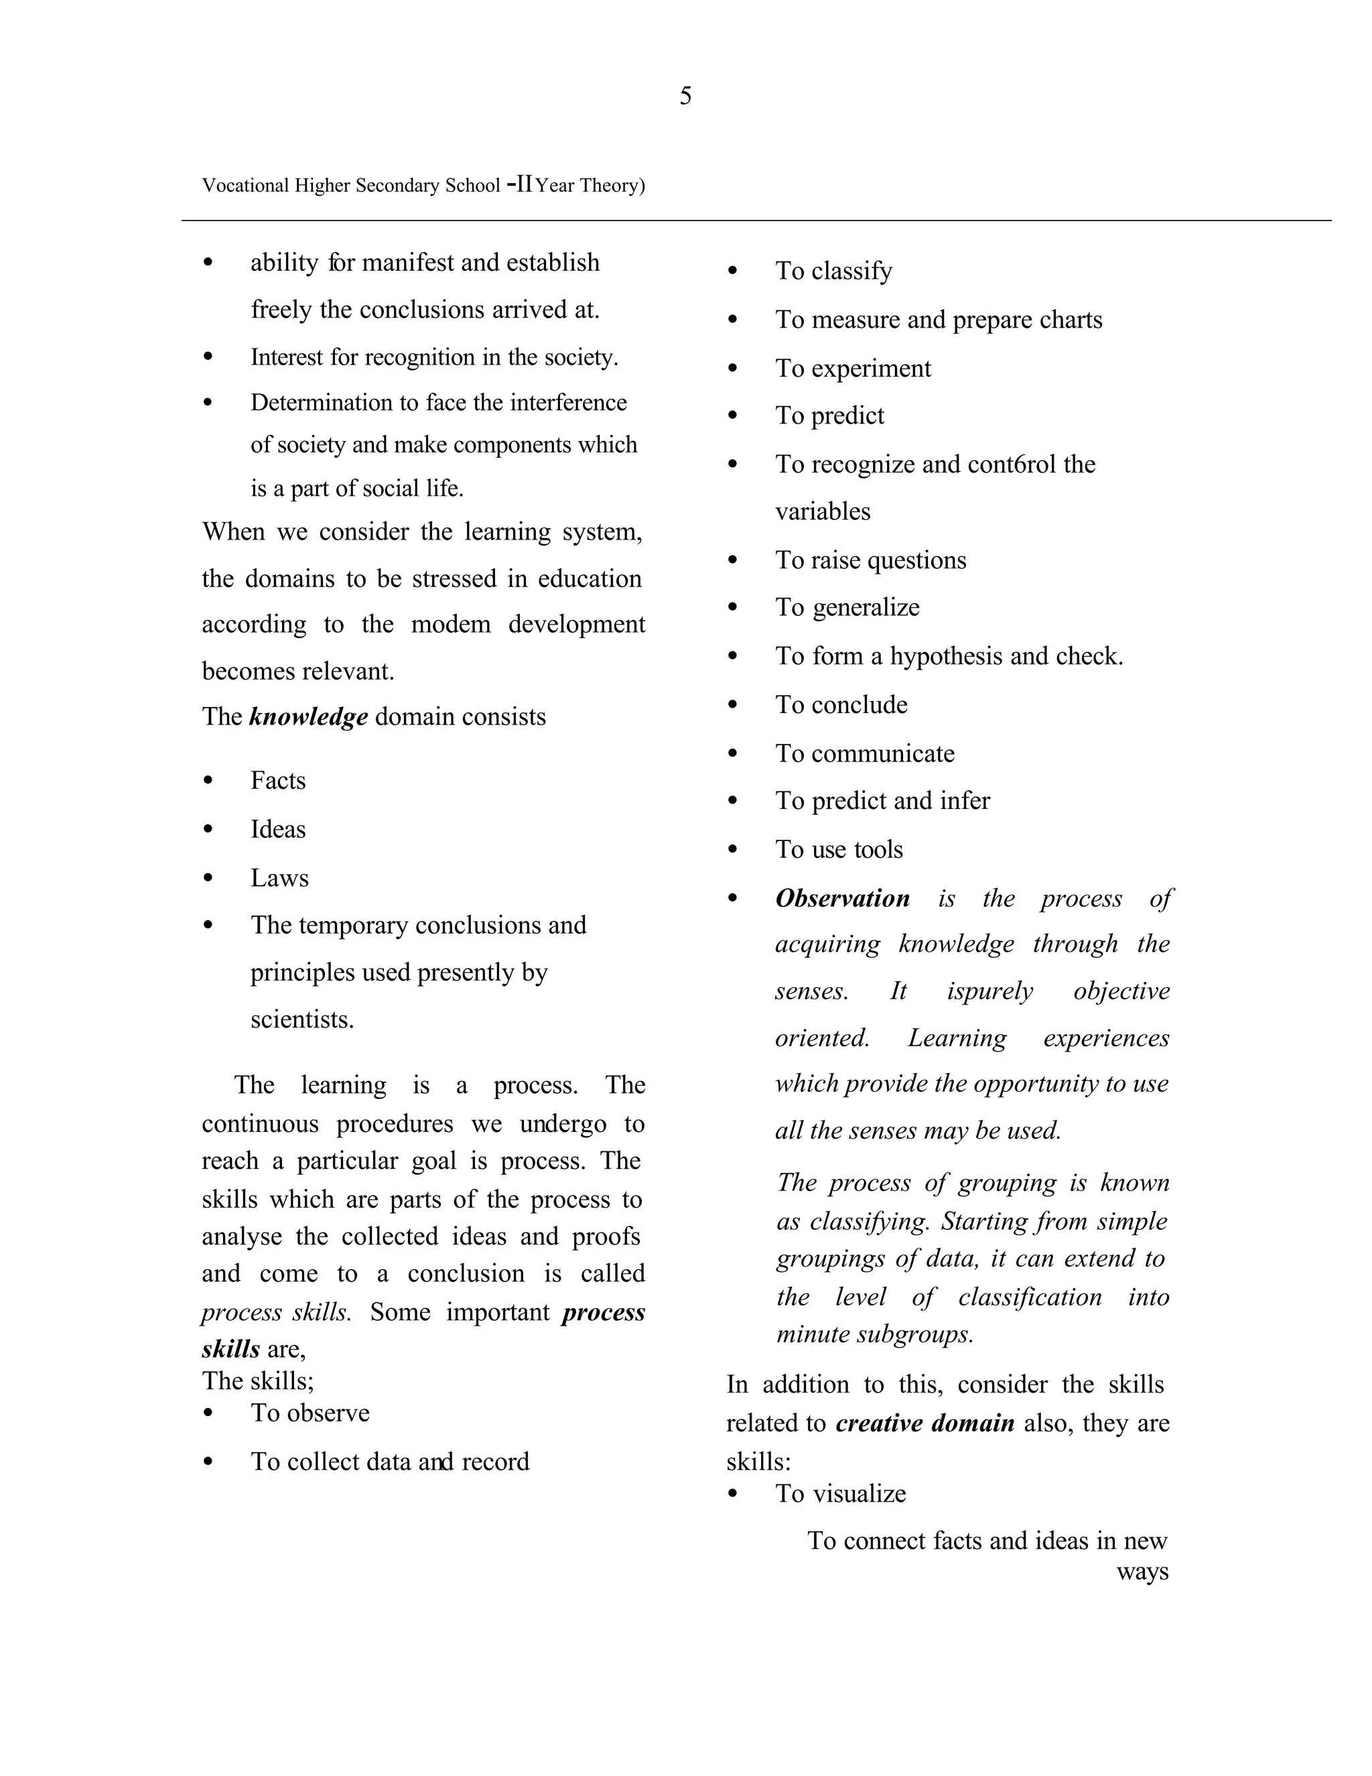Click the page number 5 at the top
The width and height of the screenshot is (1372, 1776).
[x=685, y=96]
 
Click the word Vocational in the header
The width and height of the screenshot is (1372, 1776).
[x=245, y=186]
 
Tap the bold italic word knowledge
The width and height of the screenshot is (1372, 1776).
[x=308, y=716]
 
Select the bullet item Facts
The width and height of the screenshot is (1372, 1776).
[x=278, y=781]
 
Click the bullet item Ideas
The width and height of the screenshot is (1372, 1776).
[x=278, y=830]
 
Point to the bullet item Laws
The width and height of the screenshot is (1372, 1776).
[x=279, y=878]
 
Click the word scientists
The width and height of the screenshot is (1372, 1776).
[x=301, y=1020]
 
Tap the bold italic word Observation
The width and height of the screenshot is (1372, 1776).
[x=842, y=899]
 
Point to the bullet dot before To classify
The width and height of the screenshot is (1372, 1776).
[x=732, y=271]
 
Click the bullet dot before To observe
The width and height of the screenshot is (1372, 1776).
[x=208, y=1413]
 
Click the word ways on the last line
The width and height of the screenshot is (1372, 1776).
[x=1142, y=1572]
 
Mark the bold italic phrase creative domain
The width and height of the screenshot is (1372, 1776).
[x=925, y=1423]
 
